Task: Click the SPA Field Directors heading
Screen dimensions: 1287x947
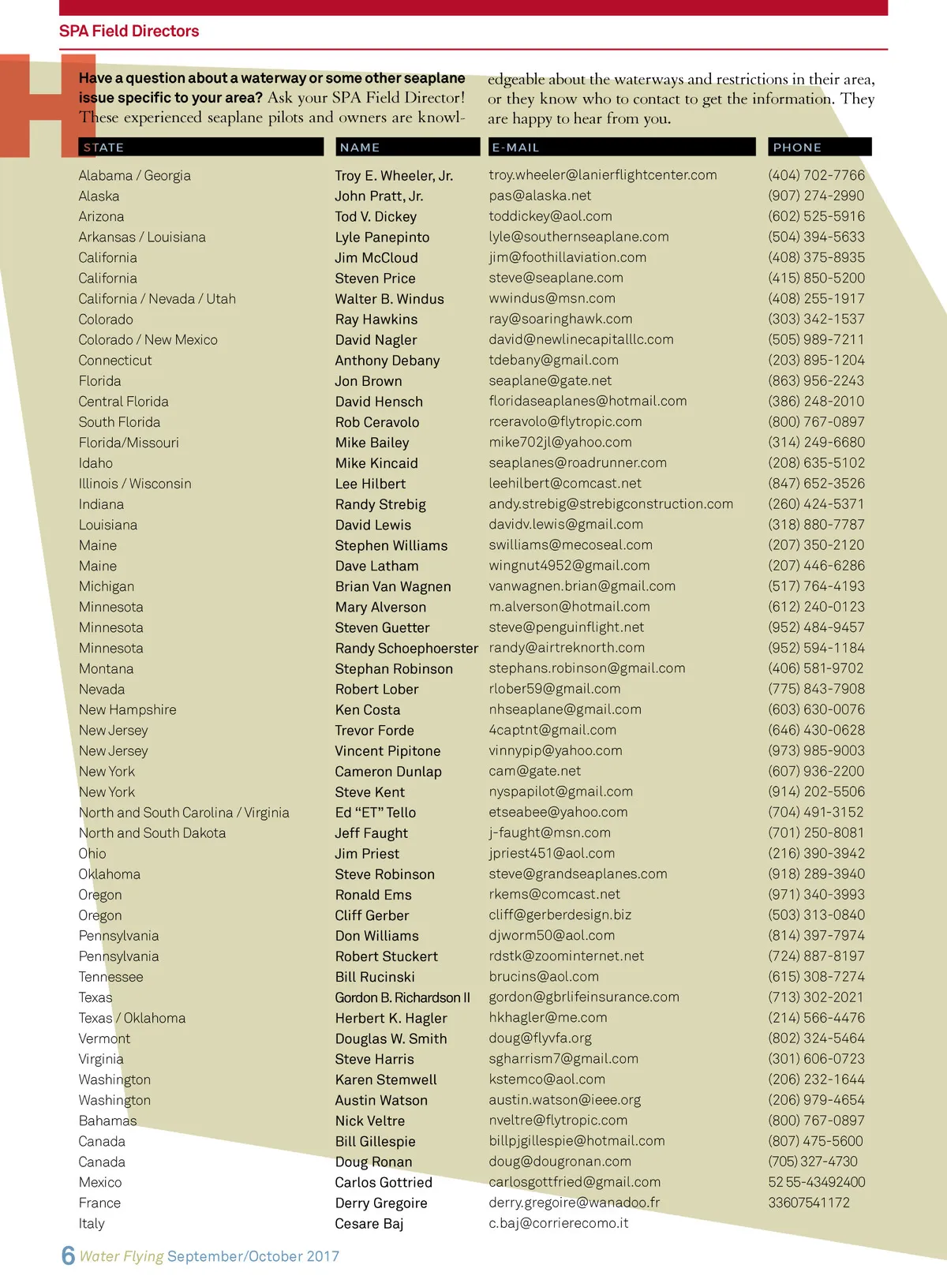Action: (129, 32)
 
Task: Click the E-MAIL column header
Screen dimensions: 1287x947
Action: (515, 148)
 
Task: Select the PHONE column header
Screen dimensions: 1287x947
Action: (797, 148)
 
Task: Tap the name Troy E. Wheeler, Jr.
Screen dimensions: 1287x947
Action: (394, 176)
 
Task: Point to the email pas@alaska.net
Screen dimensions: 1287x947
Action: (540, 196)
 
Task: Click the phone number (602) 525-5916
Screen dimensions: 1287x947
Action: (816, 216)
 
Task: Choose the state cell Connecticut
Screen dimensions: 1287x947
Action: (115, 361)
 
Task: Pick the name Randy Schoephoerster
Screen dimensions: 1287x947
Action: (406, 649)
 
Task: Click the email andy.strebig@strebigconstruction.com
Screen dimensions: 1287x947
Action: (611, 504)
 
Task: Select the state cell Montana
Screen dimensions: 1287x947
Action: (106, 669)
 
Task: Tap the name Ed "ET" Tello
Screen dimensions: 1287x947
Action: (375, 813)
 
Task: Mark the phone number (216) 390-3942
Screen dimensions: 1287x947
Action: (816, 854)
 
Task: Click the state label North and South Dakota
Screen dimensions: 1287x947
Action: (152, 833)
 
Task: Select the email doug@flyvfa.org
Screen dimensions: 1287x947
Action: (540, 1038)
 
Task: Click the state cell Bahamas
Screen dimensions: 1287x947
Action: (107, 1121)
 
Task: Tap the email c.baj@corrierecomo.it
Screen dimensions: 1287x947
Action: (559, 1224)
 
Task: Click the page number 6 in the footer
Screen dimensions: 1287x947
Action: (69, 1255)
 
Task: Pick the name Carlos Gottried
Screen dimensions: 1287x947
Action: (384, 1183)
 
